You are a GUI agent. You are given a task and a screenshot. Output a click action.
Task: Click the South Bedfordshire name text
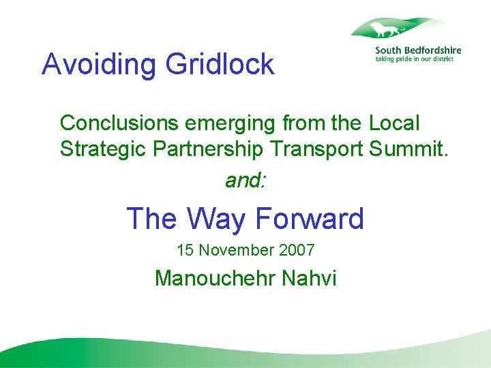[418, 50]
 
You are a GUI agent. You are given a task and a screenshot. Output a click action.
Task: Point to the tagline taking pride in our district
[415, 59]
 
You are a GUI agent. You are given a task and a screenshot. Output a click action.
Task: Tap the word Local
[394, 123]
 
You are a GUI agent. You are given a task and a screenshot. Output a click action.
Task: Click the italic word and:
[246, 181]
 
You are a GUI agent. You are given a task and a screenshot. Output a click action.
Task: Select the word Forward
[310, 219]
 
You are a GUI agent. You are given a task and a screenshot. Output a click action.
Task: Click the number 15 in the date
[185, 250]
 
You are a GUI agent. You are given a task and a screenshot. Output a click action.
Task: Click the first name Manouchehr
[215, 278]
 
